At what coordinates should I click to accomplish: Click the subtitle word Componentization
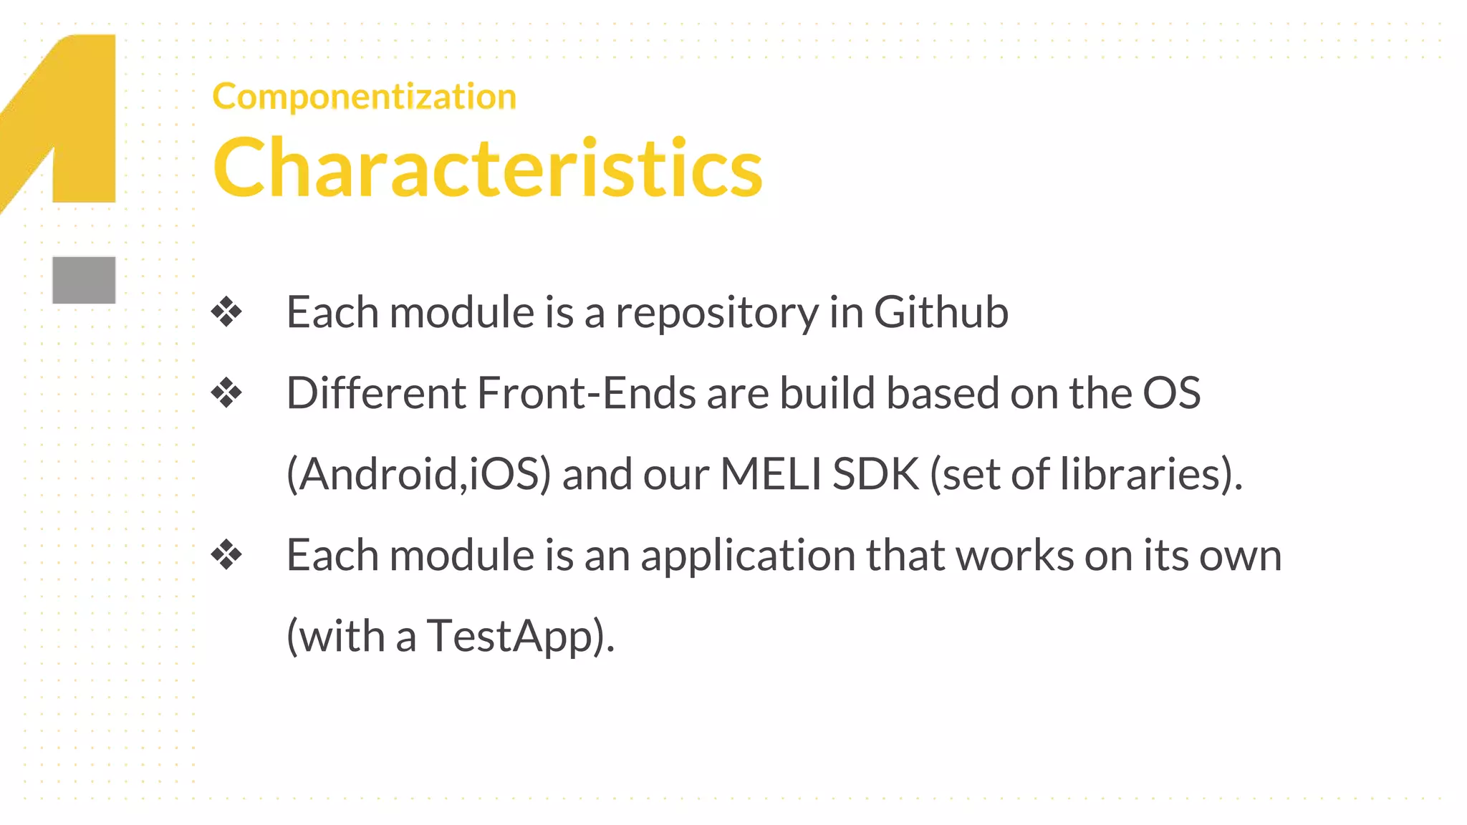(x=364, y=96)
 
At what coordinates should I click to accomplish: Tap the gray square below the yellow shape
(x=84, y=280)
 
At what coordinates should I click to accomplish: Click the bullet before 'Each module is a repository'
(x=226, y=312)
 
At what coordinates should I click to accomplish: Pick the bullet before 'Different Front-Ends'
(x=226, y=393)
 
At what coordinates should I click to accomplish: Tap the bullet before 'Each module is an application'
(x=226, y=555)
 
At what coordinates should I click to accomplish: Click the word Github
(x=941, y=312)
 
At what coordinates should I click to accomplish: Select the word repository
(x=717, y=314)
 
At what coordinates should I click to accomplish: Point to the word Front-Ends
(x=587, y=393)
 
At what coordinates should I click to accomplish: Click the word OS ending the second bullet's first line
(x=1171, y=393)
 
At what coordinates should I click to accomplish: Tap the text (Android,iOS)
(x=419, y=474)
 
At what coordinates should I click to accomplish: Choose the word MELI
(x=771, y=474)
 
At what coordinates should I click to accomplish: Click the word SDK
(x=876, y=474)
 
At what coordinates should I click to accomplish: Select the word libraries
(x=1141, y=474)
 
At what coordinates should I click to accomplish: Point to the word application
(x=748, y=556)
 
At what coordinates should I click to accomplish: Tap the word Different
(x=376, y=393)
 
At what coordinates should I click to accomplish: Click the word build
(x=827, y=393)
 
